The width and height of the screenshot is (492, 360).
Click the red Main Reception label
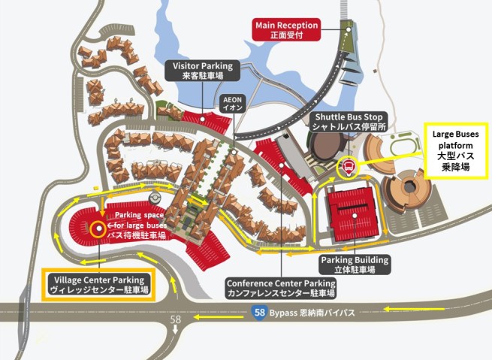(286, 29)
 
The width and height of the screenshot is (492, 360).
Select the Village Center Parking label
(101, 284)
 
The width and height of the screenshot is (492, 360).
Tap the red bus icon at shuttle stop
(348, 166)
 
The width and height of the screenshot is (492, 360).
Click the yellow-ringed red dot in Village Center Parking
(98, 230)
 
